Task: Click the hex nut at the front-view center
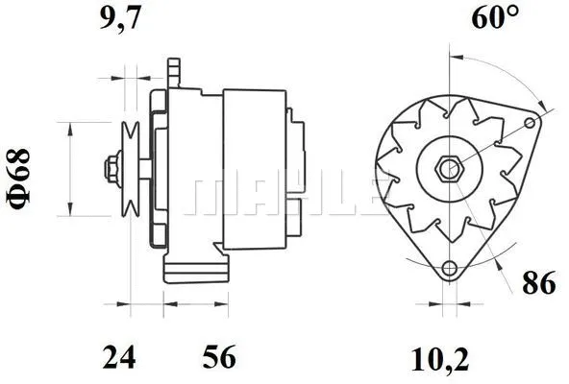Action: pos(447,170)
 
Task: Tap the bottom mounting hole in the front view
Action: pos(447,268)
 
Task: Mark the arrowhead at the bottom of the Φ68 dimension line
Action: pos(70,210)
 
